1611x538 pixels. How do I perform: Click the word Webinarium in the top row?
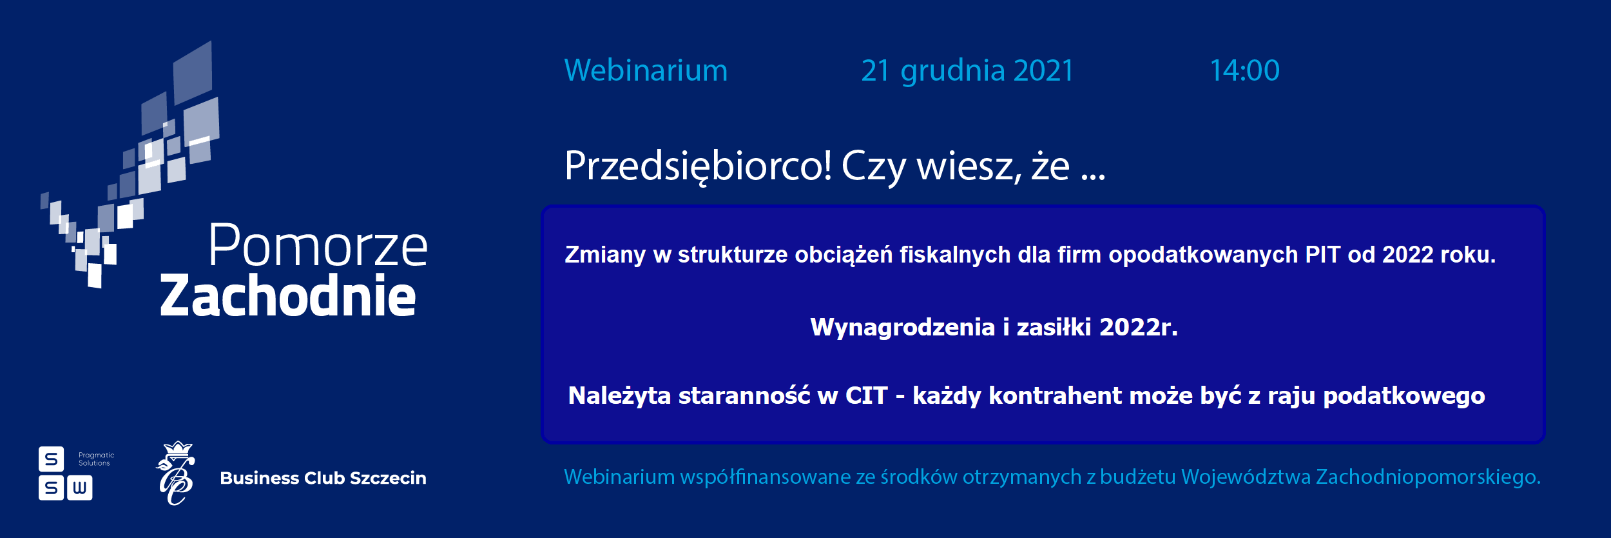(x=646, y=70)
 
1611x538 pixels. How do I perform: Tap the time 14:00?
(x=1244, y=70)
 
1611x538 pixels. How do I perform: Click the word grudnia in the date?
(x=952, y=72)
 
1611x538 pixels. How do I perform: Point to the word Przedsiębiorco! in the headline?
(x=698, y=167)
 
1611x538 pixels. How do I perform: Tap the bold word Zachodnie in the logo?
(x=288, y=295)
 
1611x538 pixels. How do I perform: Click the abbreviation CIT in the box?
(x=866, y=395)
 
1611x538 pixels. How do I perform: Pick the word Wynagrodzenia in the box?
(x=902, y=328)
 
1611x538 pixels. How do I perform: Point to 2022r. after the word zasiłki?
(x=1138, y=327)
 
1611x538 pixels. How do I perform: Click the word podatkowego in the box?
(x=1404, y=396)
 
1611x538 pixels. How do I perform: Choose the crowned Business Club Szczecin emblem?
(x=176, y=473)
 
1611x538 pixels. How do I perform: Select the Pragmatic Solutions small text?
(x=96, y=459)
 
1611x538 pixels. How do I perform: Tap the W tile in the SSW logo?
(x=79, y=488)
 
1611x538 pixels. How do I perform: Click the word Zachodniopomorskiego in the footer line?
(x=1428, y=477)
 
